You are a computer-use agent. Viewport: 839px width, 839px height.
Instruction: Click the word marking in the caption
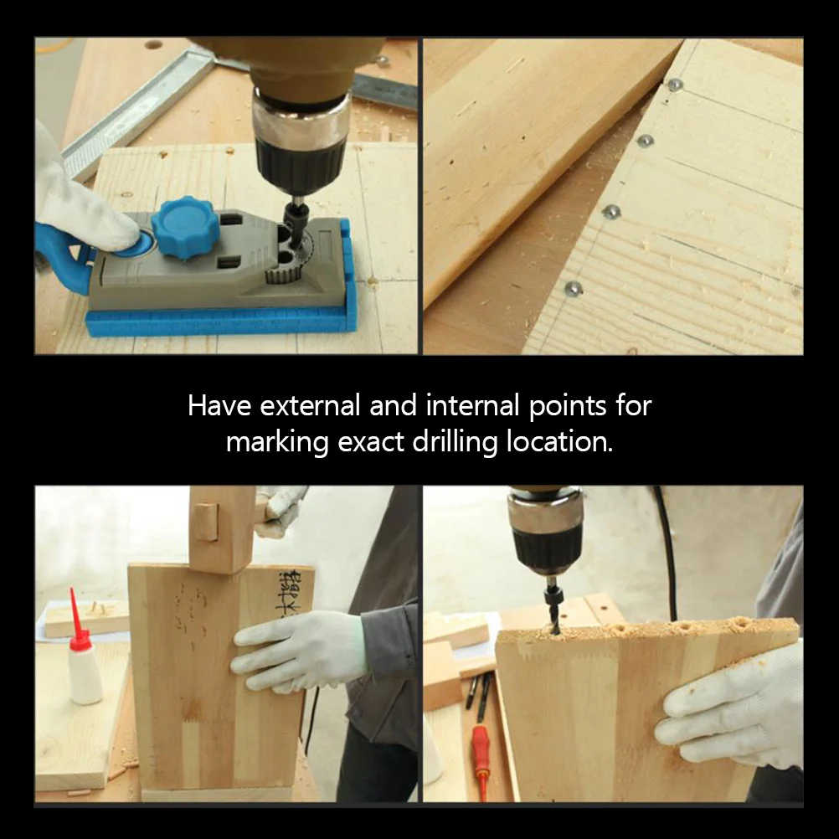tap(278, 442)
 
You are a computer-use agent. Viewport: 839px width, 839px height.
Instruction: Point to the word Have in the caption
tap(219, 406)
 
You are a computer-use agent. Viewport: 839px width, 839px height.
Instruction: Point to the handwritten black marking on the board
tap(289, 591)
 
